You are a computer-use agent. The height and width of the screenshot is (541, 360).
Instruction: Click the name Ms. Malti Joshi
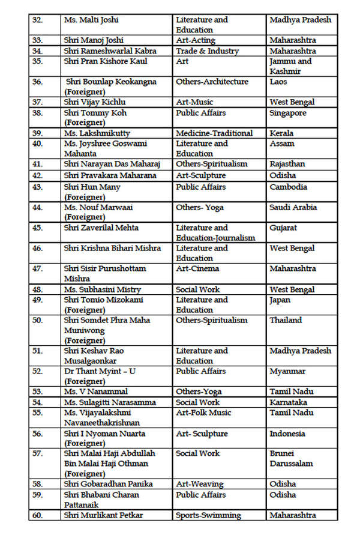coord(91,20)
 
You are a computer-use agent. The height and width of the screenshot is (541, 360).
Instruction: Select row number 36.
coord(37,82)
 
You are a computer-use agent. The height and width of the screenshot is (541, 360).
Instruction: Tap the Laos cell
coord(278,82)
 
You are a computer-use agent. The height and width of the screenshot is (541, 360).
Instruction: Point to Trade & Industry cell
coord(207,51)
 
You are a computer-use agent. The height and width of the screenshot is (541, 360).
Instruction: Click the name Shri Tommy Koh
coord(95,113)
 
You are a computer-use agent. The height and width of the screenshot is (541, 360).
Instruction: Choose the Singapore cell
coord(288,113)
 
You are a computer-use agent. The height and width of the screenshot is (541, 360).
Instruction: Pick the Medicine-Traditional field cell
coord(214,133)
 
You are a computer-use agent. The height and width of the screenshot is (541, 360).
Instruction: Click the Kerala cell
coord(282,133)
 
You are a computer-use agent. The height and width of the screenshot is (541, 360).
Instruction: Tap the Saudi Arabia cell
coord(293,208)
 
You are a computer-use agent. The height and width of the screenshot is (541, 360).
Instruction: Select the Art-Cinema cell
coord(197,268)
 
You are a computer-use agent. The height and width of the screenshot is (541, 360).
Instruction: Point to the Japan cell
coord(280,300)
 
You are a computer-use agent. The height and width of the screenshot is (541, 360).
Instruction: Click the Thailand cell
coord(286,320)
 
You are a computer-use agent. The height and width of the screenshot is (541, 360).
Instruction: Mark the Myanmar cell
coord(287,372)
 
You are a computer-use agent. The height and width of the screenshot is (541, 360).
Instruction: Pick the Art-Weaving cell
coord(200,484)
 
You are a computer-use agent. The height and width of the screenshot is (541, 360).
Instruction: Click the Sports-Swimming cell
coord(208,515)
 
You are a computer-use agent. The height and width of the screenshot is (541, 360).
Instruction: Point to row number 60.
coord(37,515)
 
